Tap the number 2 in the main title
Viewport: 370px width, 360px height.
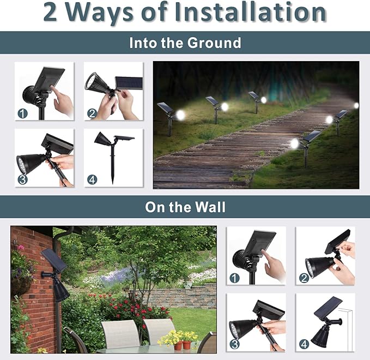50,13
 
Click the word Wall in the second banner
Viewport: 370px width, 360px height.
212,207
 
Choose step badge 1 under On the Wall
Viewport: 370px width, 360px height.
235,278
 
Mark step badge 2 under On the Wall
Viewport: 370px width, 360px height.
304,278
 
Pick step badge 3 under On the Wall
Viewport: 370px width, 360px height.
235,344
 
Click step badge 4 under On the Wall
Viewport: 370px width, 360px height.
304,344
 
